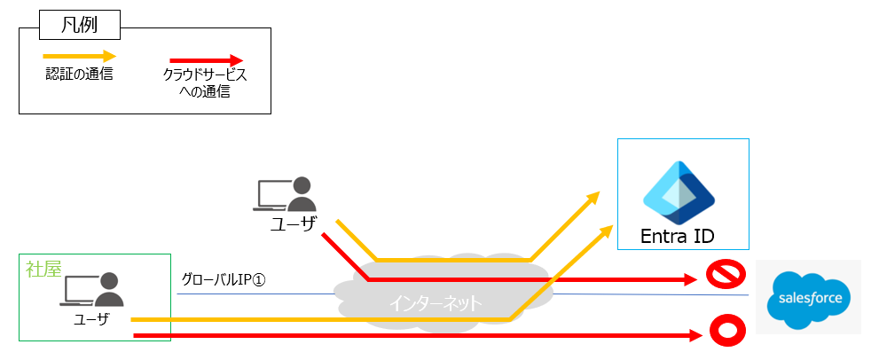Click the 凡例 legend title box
[80, 22]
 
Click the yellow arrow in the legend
[80, 55]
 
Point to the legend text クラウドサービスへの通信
[205, 83]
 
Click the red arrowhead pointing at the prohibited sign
[690, 279]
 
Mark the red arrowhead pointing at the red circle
[692, 335]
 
